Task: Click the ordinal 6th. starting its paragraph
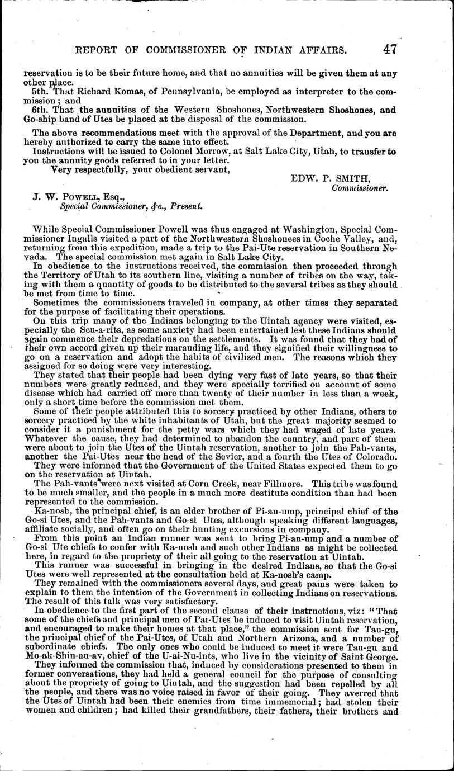click(x=42, y=111)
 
